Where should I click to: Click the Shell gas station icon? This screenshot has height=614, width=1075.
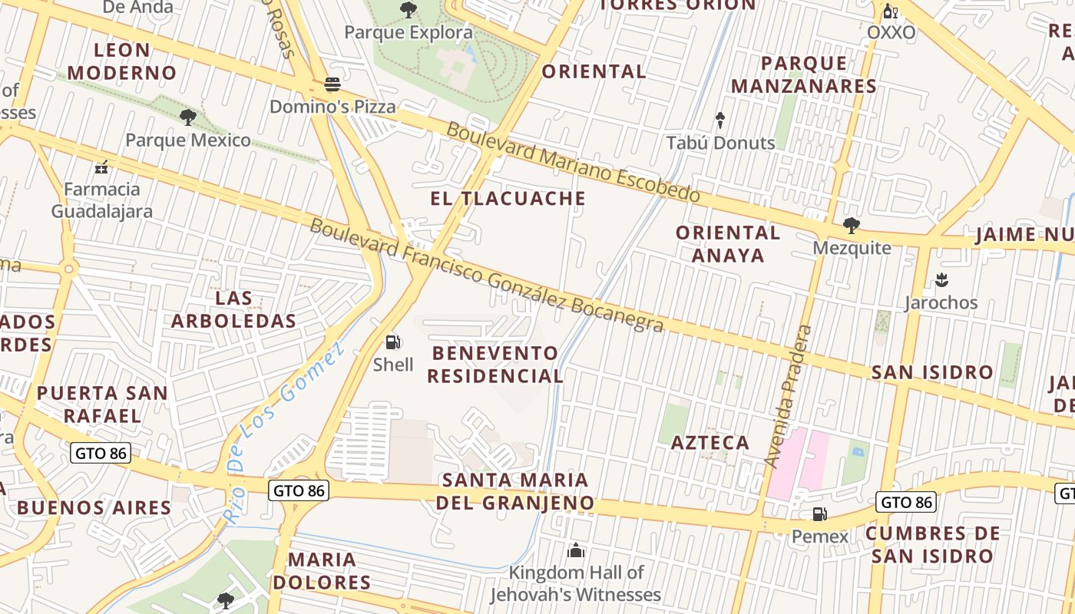393,342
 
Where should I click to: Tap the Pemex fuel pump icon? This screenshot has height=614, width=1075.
819,514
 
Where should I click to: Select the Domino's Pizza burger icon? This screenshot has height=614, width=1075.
332,84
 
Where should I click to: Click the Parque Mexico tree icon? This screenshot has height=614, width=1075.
187,117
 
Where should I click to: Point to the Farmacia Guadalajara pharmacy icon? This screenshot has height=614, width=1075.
101,167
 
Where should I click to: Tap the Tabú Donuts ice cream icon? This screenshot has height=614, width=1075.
720,120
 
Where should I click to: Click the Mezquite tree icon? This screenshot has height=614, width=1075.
851,226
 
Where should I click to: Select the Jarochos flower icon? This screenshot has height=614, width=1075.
941,280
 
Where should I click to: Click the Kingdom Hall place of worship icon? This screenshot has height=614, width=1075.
576,550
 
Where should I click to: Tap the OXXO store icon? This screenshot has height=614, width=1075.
891,11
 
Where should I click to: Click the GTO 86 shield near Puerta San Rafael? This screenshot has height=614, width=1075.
101,453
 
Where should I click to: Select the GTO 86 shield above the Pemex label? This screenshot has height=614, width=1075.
906,503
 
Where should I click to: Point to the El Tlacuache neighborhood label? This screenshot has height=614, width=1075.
508,199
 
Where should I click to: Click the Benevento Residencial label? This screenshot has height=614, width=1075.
495,365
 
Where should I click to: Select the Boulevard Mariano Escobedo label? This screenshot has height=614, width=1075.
573,162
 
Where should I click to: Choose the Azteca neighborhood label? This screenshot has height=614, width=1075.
709,443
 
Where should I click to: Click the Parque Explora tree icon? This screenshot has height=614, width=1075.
408,10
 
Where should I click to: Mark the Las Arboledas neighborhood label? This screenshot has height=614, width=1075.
233,309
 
